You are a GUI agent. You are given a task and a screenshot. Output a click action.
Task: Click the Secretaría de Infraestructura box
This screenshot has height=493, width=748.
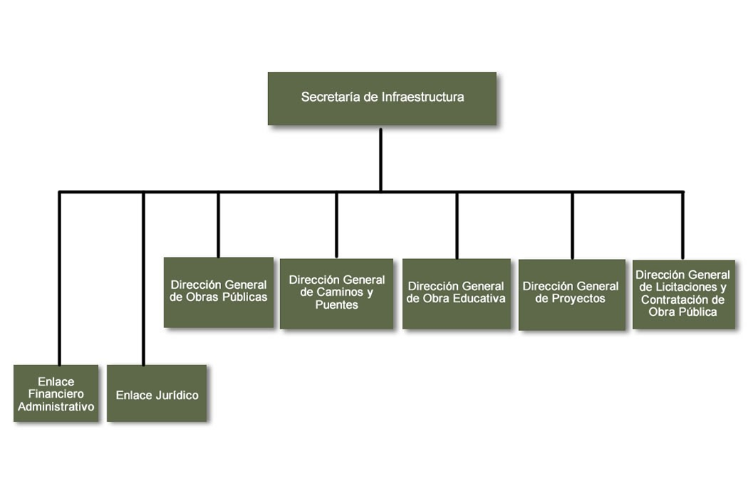tap(382, 98)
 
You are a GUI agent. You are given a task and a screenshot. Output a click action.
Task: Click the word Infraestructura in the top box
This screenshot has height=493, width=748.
tap(422, 97)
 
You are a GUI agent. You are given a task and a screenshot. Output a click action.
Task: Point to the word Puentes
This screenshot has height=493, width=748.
tap(336, 305)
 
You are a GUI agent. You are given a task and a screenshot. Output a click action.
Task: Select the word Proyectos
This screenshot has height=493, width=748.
tap(579, 299)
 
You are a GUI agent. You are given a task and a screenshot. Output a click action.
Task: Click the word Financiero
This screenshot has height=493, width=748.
tap(56, 394)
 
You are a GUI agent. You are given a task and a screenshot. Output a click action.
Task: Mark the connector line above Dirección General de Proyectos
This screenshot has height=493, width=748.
tap(572, 225)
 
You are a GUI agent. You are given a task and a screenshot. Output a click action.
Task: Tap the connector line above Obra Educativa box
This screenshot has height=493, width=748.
tap(456, 225)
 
